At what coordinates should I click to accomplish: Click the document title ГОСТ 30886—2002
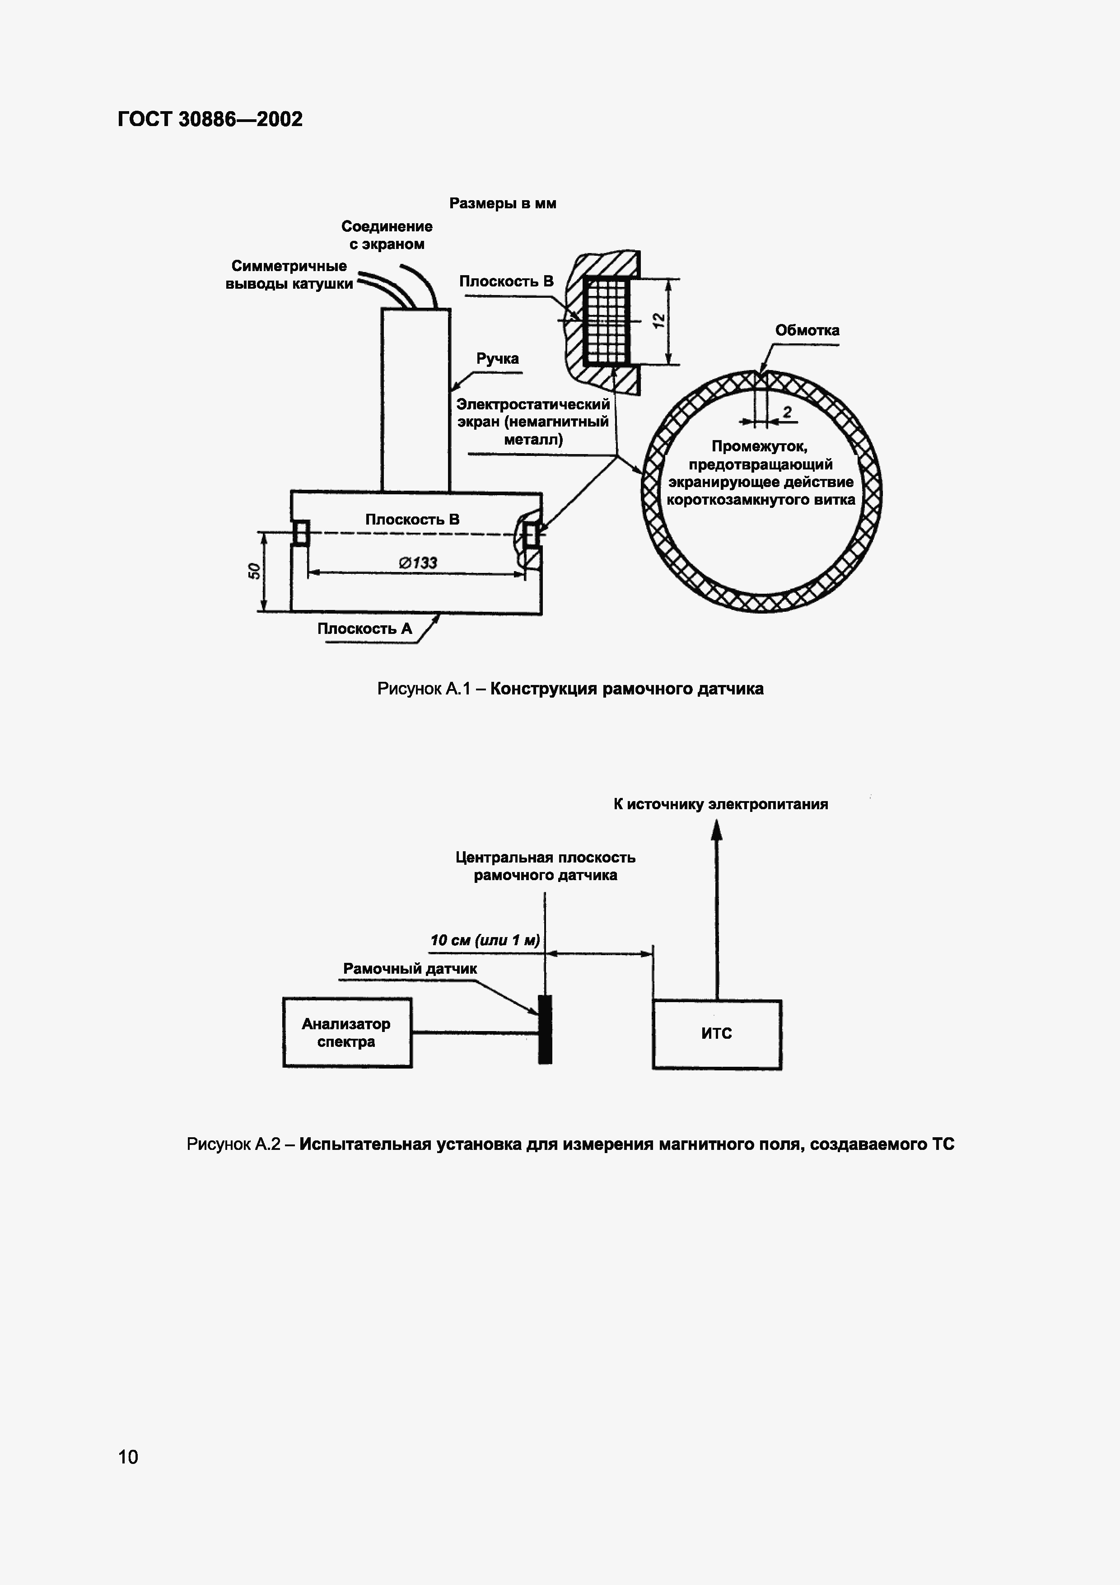click(x=210, y=119)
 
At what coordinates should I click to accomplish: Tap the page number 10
click(x=128, y=1457)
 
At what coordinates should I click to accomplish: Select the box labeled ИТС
click(x=717, y=1034)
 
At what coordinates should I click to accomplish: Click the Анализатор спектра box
click(x=347, y=1033)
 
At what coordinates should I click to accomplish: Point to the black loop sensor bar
click(x=545, y=1029)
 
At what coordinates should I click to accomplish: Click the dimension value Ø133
click(x=417, y=563)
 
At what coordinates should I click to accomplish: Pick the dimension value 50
click(x=255, y=571)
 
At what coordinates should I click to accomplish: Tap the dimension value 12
click(x=659, y=320)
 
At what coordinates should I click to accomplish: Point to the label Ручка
click(x=498, y=358)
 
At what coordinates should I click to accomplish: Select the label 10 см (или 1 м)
click(x=485, y=940)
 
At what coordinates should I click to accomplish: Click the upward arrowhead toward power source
click(x=717, y=829)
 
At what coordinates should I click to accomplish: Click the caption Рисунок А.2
click(x=234, y=1144)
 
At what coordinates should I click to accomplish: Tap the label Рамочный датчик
click(x=410, y=969)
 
